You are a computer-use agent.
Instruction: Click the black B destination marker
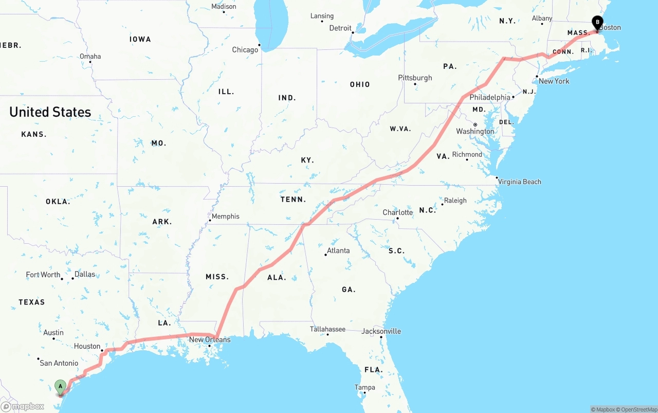[597, 22]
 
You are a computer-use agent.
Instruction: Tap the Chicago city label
[245, 50]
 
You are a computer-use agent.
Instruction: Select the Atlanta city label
[338, 250]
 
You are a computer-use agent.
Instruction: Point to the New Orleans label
[210, 339]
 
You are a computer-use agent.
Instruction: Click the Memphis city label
[226, 217]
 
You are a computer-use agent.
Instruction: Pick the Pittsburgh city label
[415, 78]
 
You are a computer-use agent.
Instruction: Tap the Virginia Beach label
[519, 182]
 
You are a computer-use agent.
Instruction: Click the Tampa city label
[364, 387]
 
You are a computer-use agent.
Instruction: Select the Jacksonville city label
[381, 331]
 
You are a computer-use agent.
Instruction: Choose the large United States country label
[50, 112]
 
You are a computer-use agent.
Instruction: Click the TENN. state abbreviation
[293, 199]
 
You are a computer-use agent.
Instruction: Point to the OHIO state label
[360, 84]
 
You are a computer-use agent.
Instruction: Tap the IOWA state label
[140, 39]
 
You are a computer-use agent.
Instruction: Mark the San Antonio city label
[59, 363]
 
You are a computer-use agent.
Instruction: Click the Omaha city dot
[90, 62]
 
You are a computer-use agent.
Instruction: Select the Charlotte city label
[397, 212]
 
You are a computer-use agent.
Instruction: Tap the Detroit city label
[340, 28]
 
